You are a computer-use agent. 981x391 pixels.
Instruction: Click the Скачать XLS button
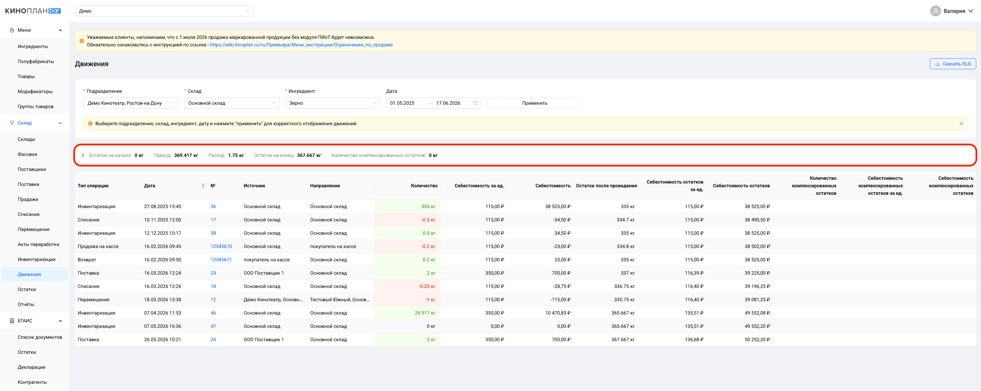pyautogui.click(x=952, y=64)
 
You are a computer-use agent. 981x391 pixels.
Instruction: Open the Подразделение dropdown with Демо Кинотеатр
pyautogui.click(x=131, y=103)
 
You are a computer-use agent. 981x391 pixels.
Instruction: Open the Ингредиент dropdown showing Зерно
pyautogui.click(x=332, y=103)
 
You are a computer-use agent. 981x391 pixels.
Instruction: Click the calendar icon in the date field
pyautogui.click(x=475, y=103)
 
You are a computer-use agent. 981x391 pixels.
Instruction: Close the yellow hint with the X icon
pyautogui.click(x=961, y=124)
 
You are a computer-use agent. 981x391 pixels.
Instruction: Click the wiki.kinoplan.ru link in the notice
pyautogui.click(x=301, y=45)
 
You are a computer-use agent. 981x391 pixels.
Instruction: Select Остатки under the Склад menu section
pyautogui.click(x=27, y=289)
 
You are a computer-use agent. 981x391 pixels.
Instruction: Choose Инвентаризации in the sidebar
pyautogui.click(x=36, y=259)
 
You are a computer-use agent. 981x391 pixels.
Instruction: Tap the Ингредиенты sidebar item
pyautogui.click(x=33, y=46)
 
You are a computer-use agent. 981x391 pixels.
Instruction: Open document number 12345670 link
pyautogui.click(x=221, y=246)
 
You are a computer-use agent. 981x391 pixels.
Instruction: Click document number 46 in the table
pyautogui.click(x=213, y=313)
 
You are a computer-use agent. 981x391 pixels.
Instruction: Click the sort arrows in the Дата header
pyautogui.click(x=203, y=186)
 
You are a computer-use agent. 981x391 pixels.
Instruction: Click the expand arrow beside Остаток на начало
pyautogui.click(x=82, y=155)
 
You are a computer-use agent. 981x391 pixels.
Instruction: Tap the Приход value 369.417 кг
pyautogui.click(x=186, y=155)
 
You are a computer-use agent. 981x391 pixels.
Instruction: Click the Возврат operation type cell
pyautogui.click(x=87, y=260)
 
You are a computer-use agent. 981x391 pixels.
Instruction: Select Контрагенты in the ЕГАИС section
pyautogui.click(x=32, y=382)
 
